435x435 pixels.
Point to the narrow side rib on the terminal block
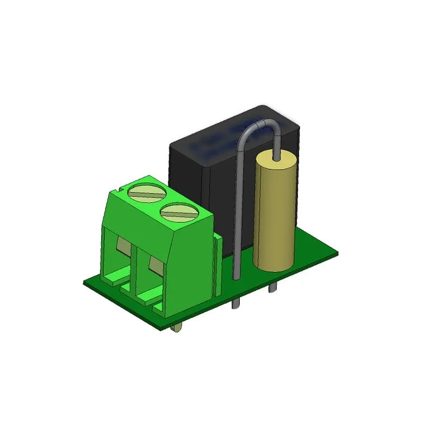pos(218,266)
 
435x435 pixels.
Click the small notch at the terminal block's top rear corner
pos(118,187)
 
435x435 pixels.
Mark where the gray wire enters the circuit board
pos(237,276)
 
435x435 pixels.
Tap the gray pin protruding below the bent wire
pos(235,302)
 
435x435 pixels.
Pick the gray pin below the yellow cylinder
pos(271,287)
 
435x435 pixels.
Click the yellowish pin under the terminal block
pos(176,330)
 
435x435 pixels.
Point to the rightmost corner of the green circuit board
pos(336,251)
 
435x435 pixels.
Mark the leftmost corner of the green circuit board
pos(84,283)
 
